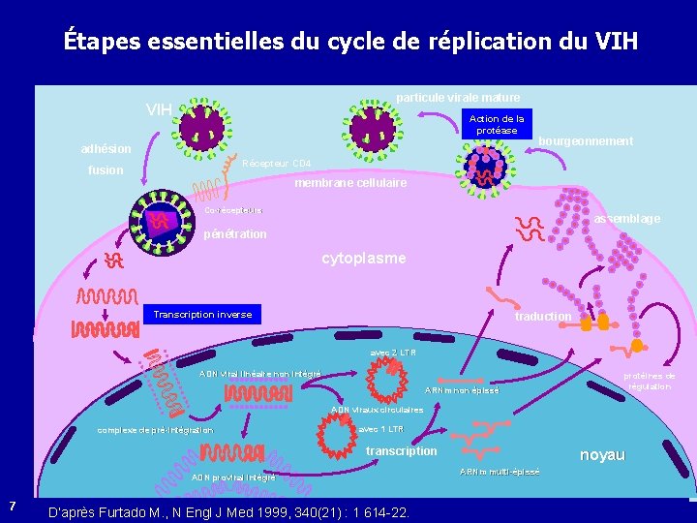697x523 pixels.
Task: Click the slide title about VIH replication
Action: coord(350,42)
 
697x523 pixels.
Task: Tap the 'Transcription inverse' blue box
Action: coord(202,314)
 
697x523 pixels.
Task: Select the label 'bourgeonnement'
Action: coord(586,141)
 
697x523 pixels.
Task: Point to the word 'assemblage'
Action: coord(627,219)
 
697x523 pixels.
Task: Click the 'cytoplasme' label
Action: coord(364,259)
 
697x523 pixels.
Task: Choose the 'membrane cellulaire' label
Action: coord(350,183)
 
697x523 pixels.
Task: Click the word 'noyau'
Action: coord(601,454)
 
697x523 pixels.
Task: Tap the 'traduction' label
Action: coord(543,316)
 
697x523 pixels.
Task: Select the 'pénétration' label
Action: coord(235,234)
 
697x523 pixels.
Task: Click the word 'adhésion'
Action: coord(106,149)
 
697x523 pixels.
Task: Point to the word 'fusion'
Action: coord(106,170)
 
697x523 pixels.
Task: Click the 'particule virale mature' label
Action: coord(458,97)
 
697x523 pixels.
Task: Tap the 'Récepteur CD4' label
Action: coord(277,163)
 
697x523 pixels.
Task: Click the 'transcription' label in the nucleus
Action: coord(401,451)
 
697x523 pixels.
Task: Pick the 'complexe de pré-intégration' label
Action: coord(155,430)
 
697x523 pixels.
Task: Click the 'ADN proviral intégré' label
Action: coord(233,477)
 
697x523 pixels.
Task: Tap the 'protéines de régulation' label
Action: coord(649,381)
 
